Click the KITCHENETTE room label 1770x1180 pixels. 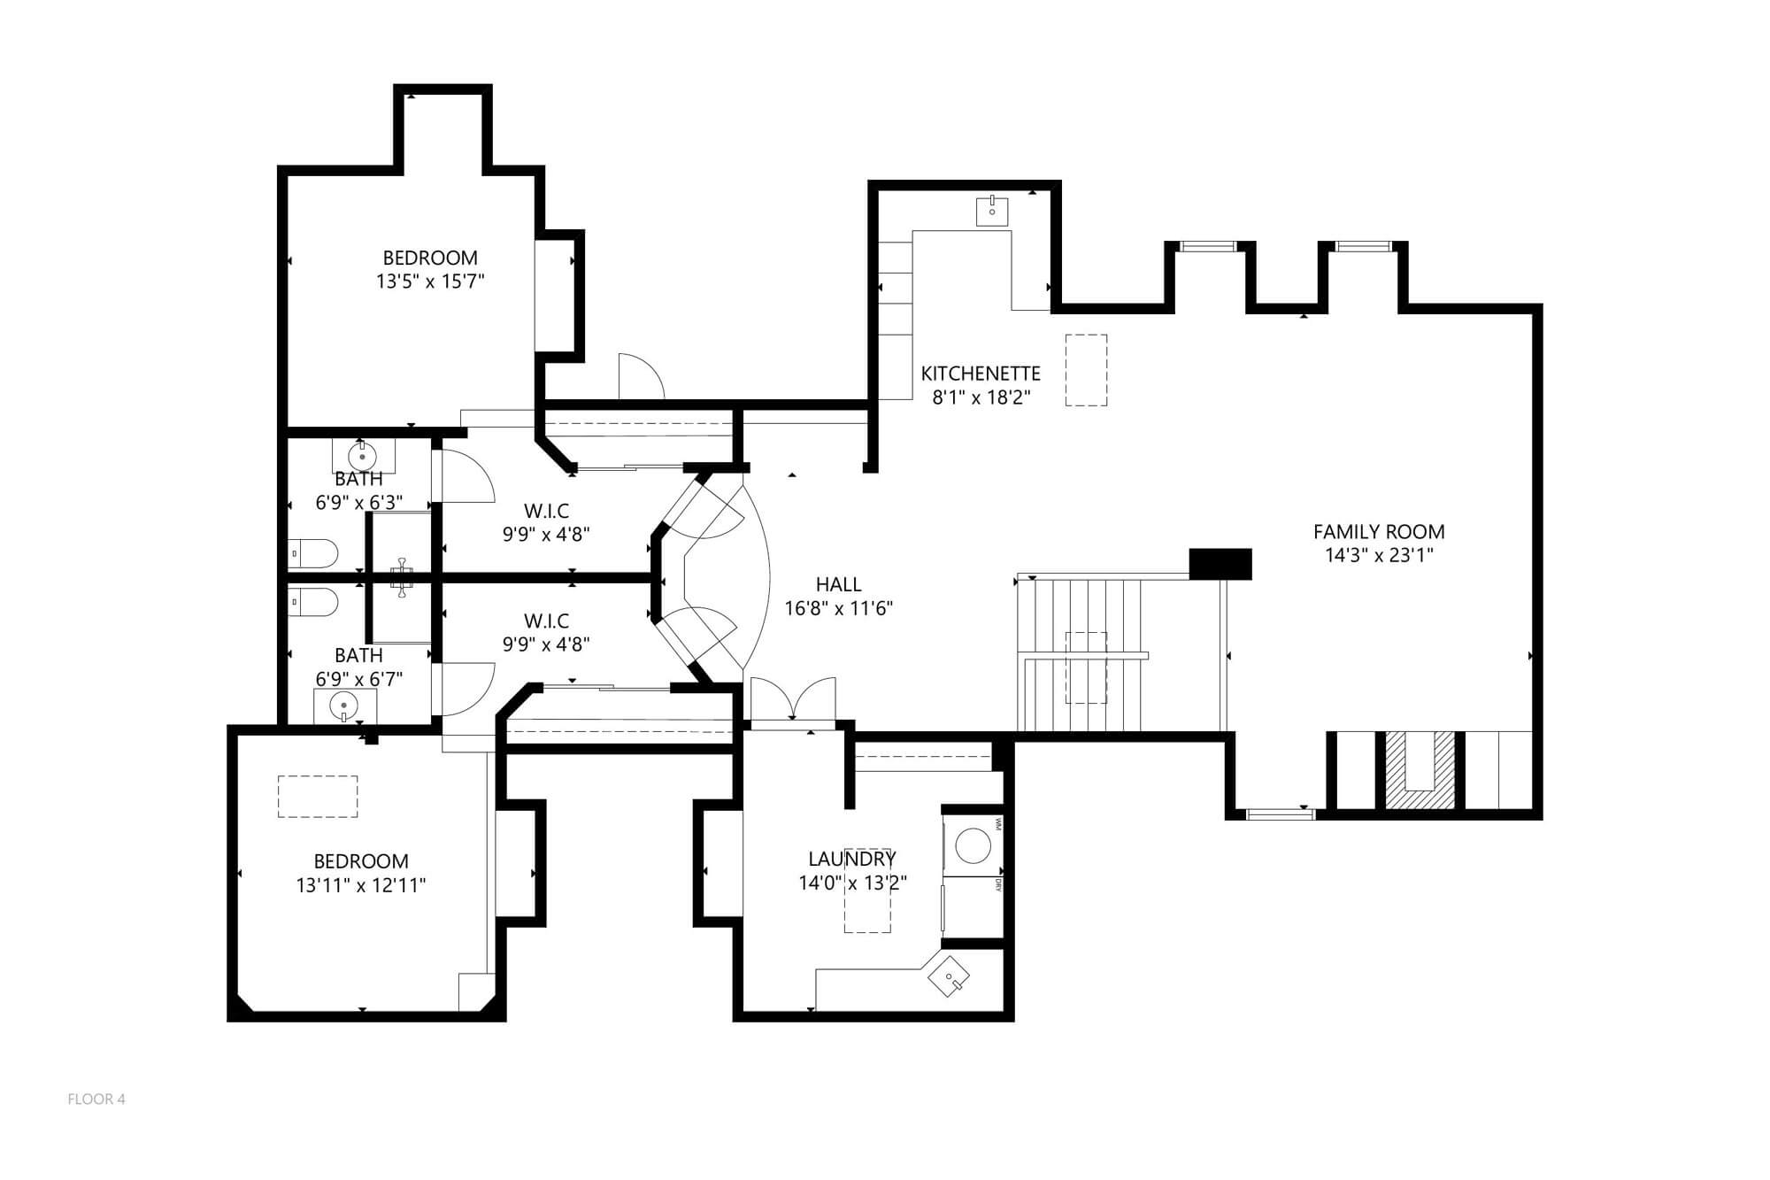pos(981,373)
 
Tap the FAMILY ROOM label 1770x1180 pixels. pos(1379,532)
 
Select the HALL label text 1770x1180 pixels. pos(839,584)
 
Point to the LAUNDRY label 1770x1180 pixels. pos(852,859)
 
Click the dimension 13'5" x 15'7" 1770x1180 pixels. pos(430,282)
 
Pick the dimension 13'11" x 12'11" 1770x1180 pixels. pos(361,885)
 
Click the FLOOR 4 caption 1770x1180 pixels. pos(96,1099)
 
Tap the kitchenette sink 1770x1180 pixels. pos(992,212)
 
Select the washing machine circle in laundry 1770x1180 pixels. pos(974,845)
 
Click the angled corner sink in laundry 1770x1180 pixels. pos(949,976)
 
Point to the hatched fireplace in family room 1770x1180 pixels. pos(1420,770)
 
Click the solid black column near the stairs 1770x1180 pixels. pos(1220,564)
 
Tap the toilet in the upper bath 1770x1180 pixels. pos(313,553)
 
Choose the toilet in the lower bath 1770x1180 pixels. pos(313,603)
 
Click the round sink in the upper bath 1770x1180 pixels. pos(362,457)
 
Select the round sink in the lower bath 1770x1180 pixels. pos(343,706)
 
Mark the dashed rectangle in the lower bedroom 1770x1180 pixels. pos(318,797)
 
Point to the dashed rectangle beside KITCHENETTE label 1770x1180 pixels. pos(1086,370)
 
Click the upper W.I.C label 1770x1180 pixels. pos(546,511)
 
